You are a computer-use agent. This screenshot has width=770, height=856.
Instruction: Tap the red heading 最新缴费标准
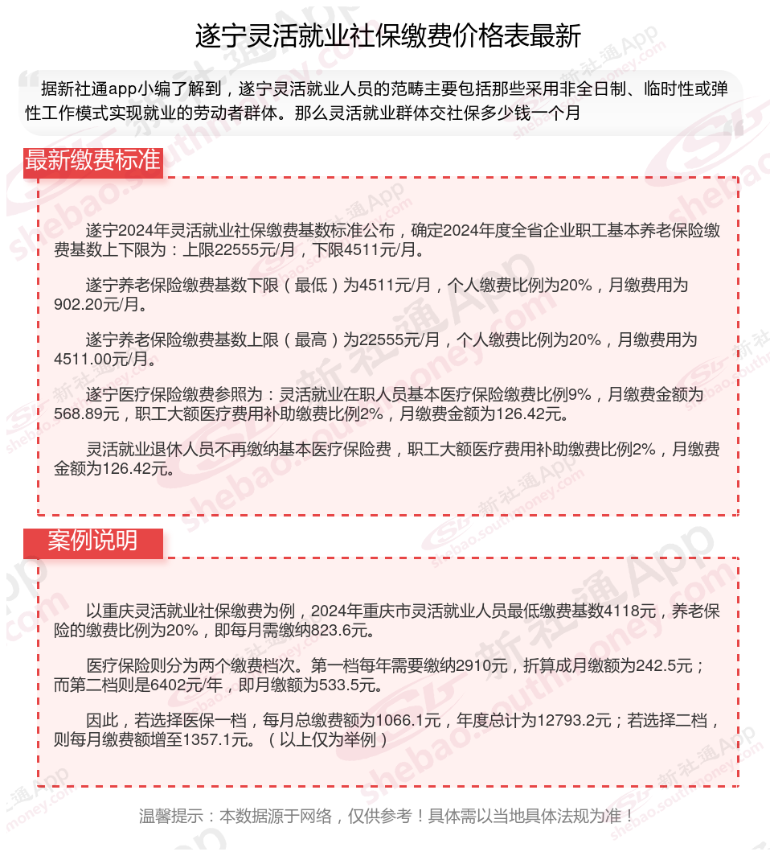92,160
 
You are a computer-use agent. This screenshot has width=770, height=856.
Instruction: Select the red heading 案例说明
92,541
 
